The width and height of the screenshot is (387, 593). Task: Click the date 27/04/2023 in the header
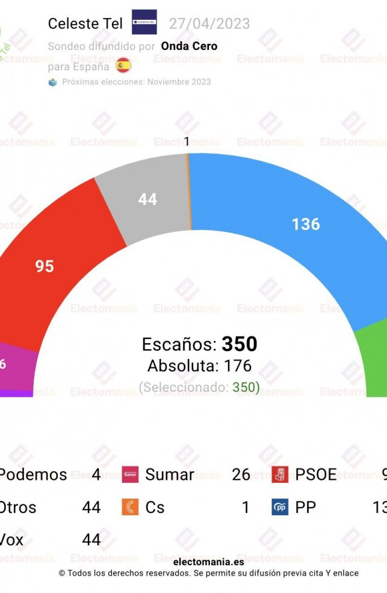click(x=209, y=23)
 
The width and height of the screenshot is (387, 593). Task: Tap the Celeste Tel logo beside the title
click(x=144, y=23)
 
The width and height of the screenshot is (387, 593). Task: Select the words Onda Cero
click(x=189, y=46)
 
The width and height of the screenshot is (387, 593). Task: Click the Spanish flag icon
click(x=123, y=64)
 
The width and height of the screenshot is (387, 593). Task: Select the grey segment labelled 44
click(x=147, y=199)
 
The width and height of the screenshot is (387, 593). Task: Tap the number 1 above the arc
click(x=187, y=142)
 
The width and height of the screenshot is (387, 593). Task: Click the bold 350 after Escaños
click(x=240, y=344)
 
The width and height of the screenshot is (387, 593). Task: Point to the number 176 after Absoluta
click(x=238, y=365)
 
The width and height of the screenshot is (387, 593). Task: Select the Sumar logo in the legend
click(x=130, y=474)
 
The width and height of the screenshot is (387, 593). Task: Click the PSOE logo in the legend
click(x=280, y=474)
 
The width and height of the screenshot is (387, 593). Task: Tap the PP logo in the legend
click(x=280, y=508)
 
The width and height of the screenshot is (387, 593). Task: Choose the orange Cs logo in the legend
click(x=130, y=508)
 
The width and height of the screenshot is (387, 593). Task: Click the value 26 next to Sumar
click(x=241, y=474)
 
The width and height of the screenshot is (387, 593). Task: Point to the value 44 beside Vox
click(x=91, y=539)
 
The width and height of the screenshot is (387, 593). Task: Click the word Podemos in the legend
click(x=33, y=474)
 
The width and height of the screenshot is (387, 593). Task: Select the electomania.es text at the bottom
click(x=208, y=562)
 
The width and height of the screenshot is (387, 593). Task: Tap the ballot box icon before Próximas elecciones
click(x=53, y=82)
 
